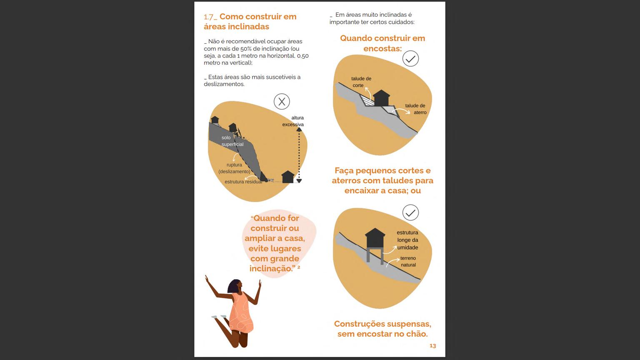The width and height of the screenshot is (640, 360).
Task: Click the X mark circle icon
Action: tap(282, 101)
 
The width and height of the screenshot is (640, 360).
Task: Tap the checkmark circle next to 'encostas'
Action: tap(410, 59)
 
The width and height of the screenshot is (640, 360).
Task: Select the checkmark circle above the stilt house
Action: tap(410, 212)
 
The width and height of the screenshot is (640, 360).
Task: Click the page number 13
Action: tap(433, 346)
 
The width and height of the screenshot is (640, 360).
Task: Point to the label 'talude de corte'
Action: tap(361, 82)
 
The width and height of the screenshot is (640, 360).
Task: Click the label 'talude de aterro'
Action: tap(416, 109)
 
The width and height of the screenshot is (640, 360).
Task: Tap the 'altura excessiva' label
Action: tap(293, 121)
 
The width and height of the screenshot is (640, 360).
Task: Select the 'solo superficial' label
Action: tap(232, 141)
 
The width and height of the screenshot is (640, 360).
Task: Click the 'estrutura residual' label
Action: tap(243, 182)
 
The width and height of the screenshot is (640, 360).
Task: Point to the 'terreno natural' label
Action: tap(408, 261)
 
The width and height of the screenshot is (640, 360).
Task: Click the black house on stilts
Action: tap(375, 245)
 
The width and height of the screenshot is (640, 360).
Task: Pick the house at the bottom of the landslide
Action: tap(288, 177)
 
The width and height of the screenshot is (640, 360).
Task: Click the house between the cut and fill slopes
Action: tap(381, 98)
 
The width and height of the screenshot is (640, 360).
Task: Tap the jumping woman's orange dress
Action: tap(242, 313)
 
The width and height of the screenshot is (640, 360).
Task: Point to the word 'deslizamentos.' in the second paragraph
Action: tap(224, 84)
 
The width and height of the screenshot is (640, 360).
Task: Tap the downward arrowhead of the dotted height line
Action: tap(299, 181)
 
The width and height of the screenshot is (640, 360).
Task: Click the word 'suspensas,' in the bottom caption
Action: tap(411, 324)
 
